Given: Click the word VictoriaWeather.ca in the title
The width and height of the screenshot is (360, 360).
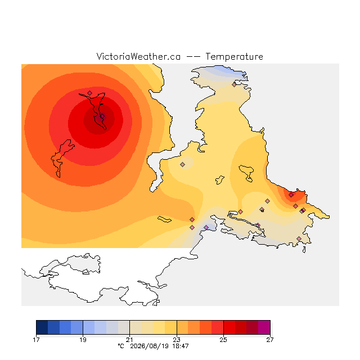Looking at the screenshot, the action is click(x=138, y=56).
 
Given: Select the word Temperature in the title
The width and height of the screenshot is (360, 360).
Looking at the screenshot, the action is click(x=234, y=56).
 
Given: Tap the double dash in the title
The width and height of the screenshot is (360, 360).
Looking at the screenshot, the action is click(x=193, y=57).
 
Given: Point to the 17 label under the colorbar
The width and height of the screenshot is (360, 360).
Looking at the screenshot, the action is click(x=36, y=340).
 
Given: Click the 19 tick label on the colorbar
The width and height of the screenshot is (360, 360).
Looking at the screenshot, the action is click(x=83, y=340).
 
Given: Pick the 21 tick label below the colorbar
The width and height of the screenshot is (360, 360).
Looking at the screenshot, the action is click(x=130, y=340).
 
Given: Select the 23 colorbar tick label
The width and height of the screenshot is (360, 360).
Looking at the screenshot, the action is click(x=177, y=340).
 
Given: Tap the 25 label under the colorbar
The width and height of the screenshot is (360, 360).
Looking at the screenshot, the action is click(x=223, y=340).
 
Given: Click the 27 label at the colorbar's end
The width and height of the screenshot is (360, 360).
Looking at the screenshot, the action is click(x=270, y=340).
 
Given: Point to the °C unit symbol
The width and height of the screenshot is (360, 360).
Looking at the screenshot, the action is click(x=121, y=346).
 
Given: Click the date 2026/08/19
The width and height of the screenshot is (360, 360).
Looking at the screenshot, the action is click(x=150, y=346).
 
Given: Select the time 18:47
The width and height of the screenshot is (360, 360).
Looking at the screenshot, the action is click(x=181, y=346).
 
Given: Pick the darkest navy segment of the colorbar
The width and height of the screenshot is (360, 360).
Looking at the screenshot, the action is click(x=42, y=327).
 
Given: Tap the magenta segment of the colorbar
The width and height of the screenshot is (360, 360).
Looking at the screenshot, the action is click(x=264, y=327).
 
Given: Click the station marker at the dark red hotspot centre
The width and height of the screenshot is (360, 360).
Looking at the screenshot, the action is click(x=102, y=116).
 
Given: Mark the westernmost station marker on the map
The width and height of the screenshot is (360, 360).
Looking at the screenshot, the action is click(x=89, y=93).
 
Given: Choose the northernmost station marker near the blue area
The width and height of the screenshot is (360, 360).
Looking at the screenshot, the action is click(x=234, y=85).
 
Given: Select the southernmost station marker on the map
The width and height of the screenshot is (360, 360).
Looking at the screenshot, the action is click(x=299, y=238).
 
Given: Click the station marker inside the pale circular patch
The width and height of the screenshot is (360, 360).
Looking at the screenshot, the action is click(x=182, y=164).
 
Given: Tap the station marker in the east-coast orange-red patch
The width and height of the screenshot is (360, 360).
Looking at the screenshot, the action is click(x=291, y=195).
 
